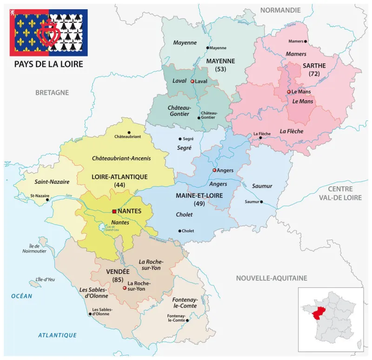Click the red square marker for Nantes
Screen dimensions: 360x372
point(114,211)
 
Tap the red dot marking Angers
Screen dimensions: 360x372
point(214,170)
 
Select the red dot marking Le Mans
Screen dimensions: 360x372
point(289,92)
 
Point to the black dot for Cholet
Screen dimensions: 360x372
point(179,231)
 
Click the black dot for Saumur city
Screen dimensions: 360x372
point(261,202)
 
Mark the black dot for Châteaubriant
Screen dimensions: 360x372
point(129,132)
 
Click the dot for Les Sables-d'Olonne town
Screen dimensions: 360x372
point(90,314)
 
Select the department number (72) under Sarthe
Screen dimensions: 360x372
point(313,73)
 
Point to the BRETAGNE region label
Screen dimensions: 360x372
point(52,93)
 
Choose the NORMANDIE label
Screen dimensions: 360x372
point(280,10)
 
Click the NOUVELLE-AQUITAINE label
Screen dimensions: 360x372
point(272,278)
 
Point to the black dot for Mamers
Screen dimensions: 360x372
point(306,41)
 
